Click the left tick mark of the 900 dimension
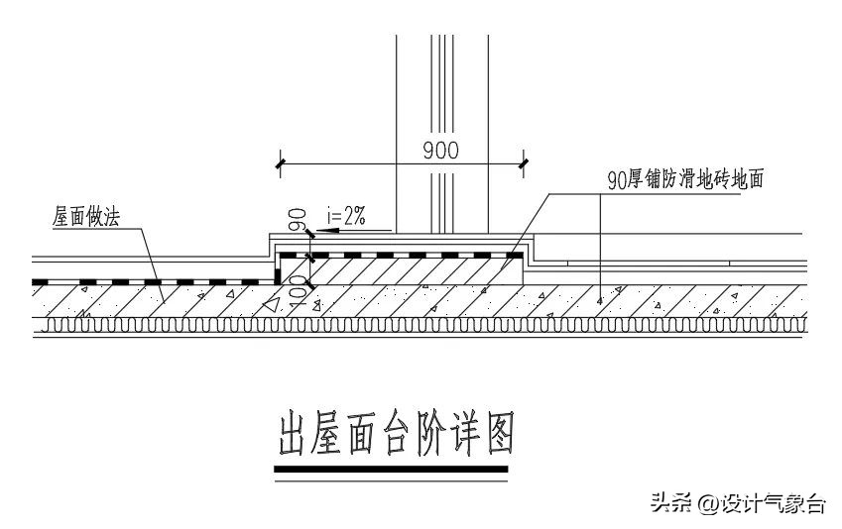[x=281, y=162]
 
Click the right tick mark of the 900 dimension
[x=525, y=162]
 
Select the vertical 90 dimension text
[x=295, y=218]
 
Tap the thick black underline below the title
[x=392, y=468]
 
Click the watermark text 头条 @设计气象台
[x=737, y=503]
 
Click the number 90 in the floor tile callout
[x=616, y=180]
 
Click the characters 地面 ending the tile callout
[x=752, y=180]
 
